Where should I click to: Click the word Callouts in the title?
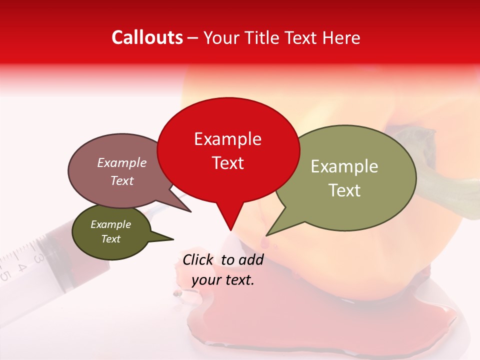pos(147,38)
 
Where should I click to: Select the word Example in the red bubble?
pos(227,139)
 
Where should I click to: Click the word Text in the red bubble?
pos(227,163)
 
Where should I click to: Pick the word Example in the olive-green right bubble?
pos(344,166)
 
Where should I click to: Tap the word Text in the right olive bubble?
pos(344,190)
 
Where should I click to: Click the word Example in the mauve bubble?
pos(121,163)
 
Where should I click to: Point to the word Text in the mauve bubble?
pos(121,181)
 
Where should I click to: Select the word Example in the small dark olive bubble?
pos(110,224)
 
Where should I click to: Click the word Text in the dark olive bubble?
pos(110,239)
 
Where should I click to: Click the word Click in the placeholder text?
pos(199,259)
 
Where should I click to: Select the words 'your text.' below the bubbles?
pos(222,280)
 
